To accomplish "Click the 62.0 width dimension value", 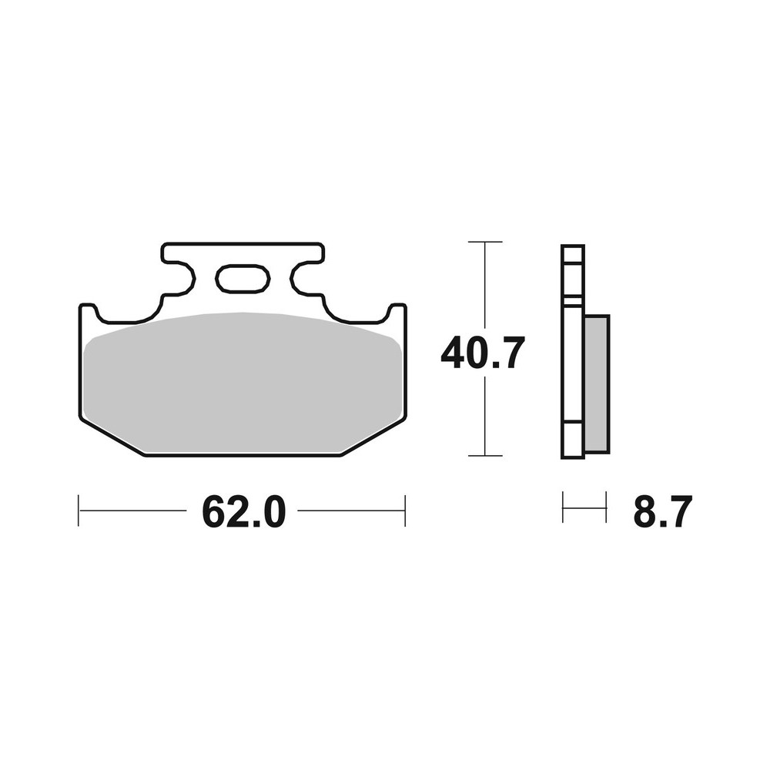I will tap(243, 511).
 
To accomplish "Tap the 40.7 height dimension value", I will tap(483, 353).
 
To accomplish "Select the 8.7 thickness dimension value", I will tap(662, 511).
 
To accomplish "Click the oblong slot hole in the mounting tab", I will tap(243, 279).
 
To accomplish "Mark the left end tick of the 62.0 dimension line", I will tap(79, 511).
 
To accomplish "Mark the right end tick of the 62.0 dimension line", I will tap(405, 511).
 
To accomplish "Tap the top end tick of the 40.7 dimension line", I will tap(485, 242).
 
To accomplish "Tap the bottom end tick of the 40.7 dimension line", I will tap(485, 456).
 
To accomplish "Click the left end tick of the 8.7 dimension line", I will tap(563, 508).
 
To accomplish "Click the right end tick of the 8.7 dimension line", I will tap(607, 508).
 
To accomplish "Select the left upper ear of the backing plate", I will tap(88, 313).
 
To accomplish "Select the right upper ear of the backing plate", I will tap(397, 313).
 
